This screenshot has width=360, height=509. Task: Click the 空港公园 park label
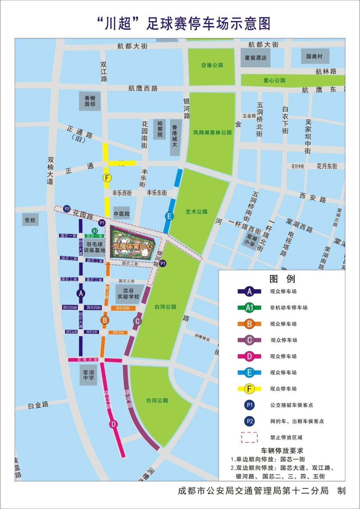[212, 65]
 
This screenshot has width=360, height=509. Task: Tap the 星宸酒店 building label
[256, 58]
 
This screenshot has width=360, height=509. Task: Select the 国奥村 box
[314, 56]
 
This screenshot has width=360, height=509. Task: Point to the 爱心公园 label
[274, 80]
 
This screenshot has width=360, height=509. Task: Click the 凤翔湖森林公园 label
[212, 132]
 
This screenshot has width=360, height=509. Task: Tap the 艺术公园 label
[196, 212]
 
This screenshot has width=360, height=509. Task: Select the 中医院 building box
[121, 214]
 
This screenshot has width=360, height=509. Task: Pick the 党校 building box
[30, 220]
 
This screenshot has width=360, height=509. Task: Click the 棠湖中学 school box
[88, 375]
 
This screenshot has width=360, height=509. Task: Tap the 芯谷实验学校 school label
[128, 293]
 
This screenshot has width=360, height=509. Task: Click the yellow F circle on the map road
[107, 178]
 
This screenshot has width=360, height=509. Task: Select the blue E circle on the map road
[169, 216]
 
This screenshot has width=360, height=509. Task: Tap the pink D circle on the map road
[113, 424]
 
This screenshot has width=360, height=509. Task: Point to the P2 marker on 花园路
[67, 209]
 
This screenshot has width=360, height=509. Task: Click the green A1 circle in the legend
[249, 308]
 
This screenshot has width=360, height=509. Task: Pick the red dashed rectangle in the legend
[249, 437]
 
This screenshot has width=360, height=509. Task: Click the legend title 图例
[282, 279]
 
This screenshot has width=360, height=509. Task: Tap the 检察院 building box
[160, 129]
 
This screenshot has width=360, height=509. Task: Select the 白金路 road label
[38, 405]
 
